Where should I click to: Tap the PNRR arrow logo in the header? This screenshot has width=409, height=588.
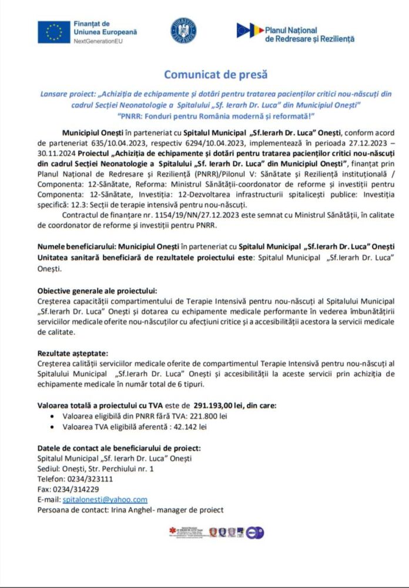(x=250, y=31)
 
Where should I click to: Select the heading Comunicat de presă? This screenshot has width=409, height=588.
(x=216, y=75)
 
